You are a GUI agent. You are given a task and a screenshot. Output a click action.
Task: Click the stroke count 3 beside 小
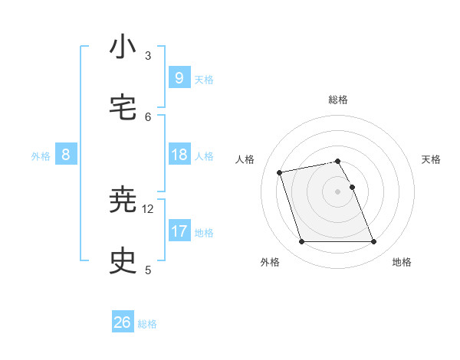click(x=148, y=56)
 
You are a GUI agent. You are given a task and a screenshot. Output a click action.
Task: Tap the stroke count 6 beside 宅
click(x=148, y=116)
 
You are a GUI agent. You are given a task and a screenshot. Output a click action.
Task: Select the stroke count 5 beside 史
click(x=148, y=270)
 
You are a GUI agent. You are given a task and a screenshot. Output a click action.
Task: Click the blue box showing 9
click(x=179, y=77)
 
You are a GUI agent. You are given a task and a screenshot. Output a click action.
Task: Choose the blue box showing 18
click(x=179, y=155)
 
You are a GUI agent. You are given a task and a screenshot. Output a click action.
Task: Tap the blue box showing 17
click(x=179, y=231)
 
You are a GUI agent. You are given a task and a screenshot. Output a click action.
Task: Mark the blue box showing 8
click(x=66, y=155)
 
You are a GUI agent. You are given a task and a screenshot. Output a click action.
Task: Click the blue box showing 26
click(x=123, y=322)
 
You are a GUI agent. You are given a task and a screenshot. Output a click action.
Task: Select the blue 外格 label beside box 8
click(x=41, y=156)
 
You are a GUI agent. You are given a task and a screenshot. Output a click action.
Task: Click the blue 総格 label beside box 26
click(x=147, y=324)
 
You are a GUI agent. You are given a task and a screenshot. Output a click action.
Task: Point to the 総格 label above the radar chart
click(x=338, y=100)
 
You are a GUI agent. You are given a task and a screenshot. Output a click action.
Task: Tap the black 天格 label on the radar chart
click(x=431, y=159)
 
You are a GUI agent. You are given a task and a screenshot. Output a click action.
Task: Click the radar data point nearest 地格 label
click(x=373, y=242)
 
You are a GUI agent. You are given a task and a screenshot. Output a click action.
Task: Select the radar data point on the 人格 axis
click(x=280, y=172)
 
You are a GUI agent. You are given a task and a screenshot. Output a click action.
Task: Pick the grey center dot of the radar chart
click(x=338, y=191)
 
